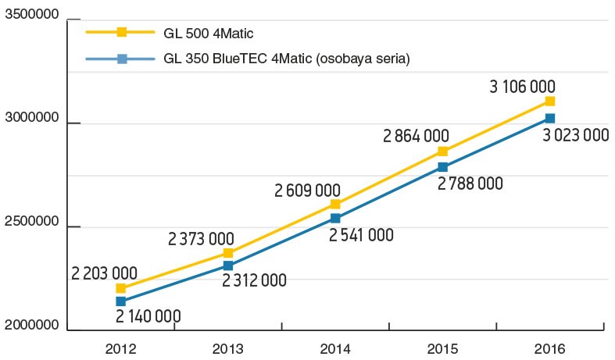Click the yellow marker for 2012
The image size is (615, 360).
click(x=120, y=288)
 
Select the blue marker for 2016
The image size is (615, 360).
click(x=550, y=118)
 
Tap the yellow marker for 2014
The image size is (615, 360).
click(x=335, y=204)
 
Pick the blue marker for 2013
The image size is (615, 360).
click(x=227, y=266)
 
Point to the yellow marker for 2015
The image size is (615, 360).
click(x=442, y=151)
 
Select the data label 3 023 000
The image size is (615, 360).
click(x=574, y=135)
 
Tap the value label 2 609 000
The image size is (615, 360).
click(x=307, y=190)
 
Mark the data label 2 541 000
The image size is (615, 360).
click(x=360, y=235)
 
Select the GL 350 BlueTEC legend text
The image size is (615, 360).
click(x=287, y=59)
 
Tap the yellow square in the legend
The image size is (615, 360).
click(x=121, y=33)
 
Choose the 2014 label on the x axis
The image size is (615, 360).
click(x=334, y=349)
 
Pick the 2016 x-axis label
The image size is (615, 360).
click(x=550, y=349)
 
